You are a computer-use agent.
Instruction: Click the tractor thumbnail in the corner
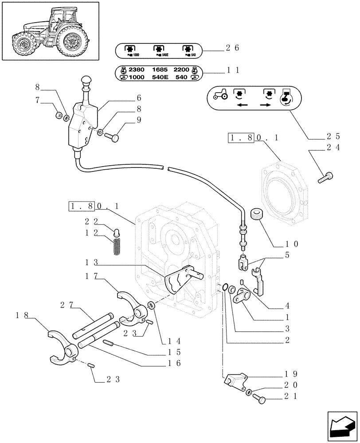[x=50, y=31]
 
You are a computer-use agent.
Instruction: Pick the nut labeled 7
[x=58, y=116]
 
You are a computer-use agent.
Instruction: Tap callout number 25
[x=333, y=137]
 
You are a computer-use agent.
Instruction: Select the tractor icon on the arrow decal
[x=220, y=95]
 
